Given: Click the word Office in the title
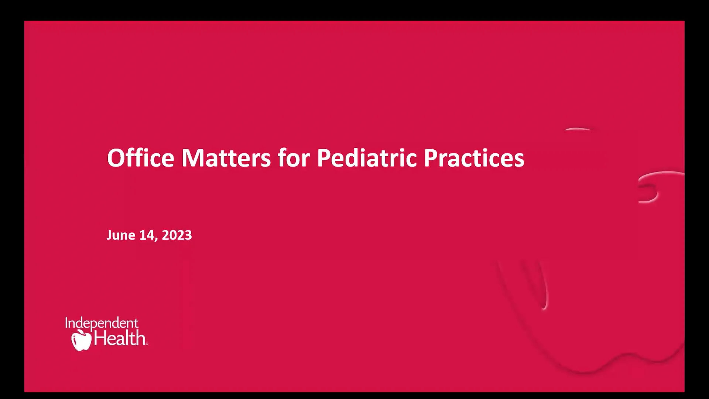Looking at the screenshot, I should tap(140, 158).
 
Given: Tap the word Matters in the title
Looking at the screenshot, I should tap(226, 158).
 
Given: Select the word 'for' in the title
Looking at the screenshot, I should tap(294, 158).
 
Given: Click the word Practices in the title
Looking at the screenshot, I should tap(474, 158).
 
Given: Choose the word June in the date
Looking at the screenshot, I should tap(121, 235).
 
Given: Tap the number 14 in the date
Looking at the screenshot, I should tap(147, 235).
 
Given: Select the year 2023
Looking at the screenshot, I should tap(177, 235).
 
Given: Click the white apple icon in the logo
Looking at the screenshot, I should tap(81, 340).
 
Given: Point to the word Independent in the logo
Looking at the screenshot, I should tap(102, 324).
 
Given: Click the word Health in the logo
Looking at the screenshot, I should tap(120, 338).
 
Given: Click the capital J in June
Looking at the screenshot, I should tap(109, 235).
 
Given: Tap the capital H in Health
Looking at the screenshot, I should tap(100, 338).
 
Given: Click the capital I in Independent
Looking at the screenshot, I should tap(67, 323).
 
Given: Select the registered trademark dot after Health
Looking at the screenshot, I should tap(147, 344).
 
